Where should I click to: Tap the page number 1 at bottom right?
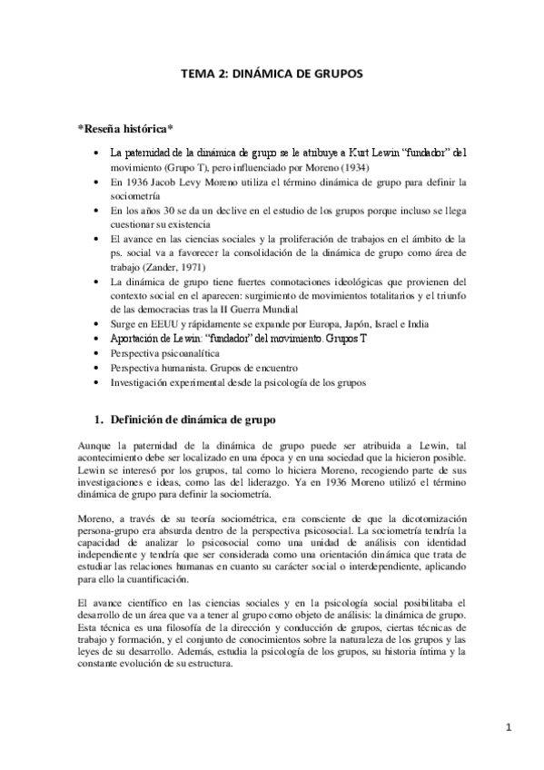(x=509, y=727)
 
